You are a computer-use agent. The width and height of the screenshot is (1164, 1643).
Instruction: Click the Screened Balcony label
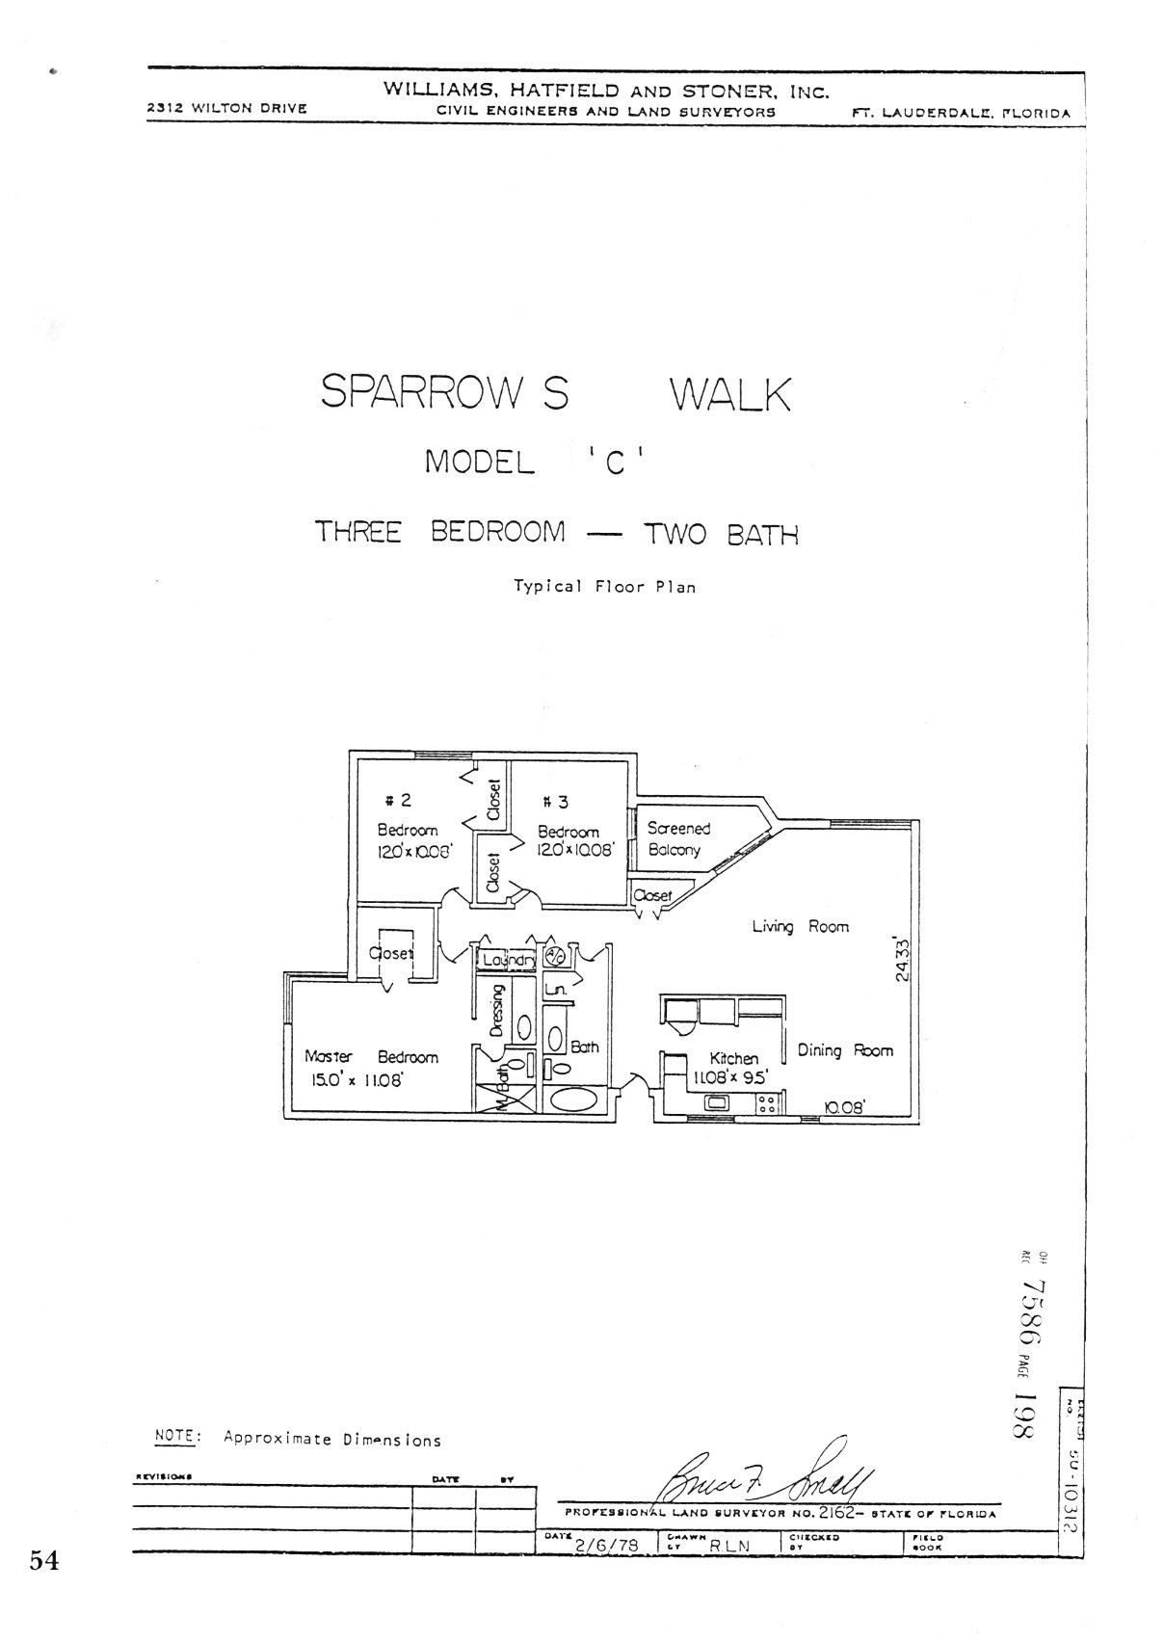677,838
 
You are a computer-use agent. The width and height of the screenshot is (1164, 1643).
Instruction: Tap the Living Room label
800,926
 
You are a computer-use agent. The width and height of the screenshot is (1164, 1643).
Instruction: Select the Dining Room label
844,1050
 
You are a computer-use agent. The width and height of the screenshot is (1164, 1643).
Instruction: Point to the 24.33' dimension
902,958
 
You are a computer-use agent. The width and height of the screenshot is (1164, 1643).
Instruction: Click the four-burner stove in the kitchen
767,1103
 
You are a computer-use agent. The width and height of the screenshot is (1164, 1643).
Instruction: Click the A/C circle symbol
555,956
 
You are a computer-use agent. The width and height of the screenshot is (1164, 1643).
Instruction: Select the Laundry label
508,960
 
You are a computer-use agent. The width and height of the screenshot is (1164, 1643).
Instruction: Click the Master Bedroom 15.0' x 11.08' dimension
355,1080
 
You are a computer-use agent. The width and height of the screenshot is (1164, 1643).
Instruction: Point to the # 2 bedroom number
398,800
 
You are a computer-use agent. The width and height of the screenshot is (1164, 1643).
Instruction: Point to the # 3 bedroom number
556,802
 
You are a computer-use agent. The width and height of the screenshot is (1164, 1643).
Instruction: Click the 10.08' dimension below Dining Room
845,1107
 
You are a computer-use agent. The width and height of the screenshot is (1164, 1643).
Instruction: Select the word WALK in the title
729,395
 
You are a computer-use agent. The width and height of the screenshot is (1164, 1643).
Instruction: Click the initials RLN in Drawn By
728,1545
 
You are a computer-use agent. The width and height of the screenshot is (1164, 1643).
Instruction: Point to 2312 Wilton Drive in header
226,108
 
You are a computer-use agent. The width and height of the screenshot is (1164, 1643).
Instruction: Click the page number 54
44,1560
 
